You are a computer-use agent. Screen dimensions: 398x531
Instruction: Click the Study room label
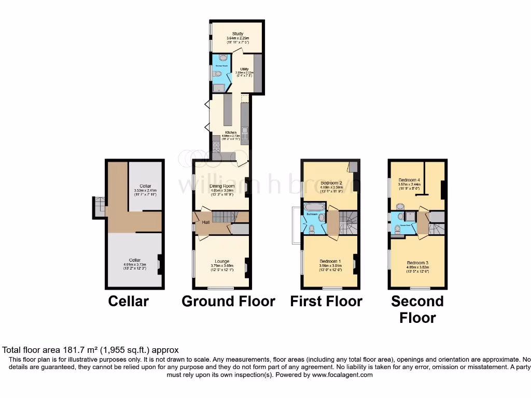point(237,34)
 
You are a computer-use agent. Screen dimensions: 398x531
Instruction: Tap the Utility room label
point(243,69)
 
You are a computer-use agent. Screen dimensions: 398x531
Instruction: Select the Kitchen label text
point(230,133)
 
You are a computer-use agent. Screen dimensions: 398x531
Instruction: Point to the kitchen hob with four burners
point(216,147)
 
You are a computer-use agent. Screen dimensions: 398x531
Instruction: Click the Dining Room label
point(222,186)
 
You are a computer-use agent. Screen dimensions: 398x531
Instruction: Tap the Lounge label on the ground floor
point(222,261)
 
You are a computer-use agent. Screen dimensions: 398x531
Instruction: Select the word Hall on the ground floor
point(205,222)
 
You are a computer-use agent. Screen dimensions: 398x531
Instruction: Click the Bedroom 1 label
point(330,261)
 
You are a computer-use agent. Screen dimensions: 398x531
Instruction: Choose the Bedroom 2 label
point(331,183)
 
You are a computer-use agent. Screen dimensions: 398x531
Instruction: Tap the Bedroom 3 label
point(417,263)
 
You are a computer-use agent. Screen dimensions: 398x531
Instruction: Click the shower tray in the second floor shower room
point(411,217)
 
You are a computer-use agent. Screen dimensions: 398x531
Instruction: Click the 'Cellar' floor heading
point(128,301)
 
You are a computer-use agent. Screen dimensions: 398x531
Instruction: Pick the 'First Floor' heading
point(326,301)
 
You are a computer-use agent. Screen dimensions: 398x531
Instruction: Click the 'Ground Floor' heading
point(228,301)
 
